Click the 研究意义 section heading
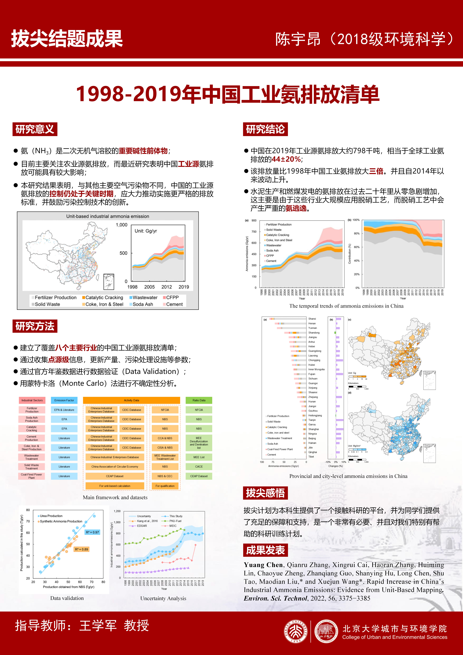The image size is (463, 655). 35,129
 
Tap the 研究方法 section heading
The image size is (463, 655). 35,326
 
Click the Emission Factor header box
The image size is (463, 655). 64,400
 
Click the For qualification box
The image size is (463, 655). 165,486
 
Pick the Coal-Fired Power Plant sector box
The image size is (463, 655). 31,476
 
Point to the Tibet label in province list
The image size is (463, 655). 311,457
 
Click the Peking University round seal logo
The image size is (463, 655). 296,631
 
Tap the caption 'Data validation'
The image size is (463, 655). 67,598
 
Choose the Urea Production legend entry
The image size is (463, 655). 51,516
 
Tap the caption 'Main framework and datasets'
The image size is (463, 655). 115,497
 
